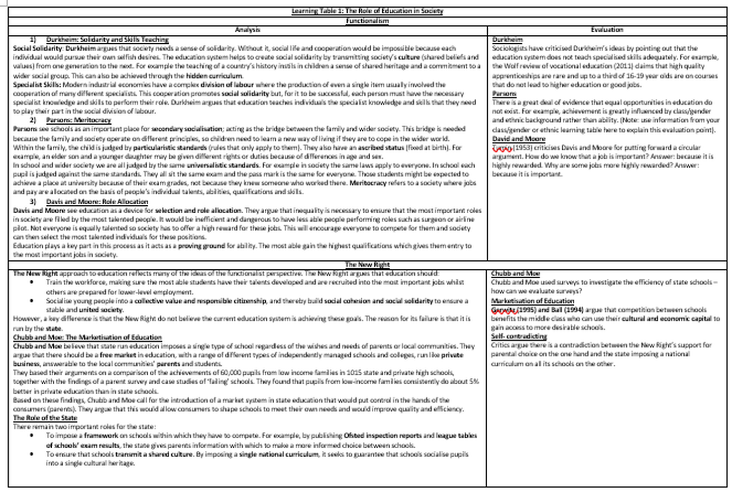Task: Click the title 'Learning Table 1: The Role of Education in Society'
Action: [x=367, y=11]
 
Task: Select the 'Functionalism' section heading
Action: [x=367, y=21]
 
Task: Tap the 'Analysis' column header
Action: [x=247, y=30]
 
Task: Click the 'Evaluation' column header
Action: [x=607, y=30]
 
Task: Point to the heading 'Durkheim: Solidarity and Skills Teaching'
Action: [x=107, y=39]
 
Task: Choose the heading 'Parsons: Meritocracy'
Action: [x=79, y=120]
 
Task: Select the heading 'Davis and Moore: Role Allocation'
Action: [x=97, y=201]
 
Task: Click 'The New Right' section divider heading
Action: [x=367, y=264]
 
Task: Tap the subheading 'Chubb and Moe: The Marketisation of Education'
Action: [x=87, y=337]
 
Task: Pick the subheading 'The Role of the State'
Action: [x=45, y=418]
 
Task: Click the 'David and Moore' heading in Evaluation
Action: [x=519, y=139]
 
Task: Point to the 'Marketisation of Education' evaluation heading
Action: [x=532, y=301]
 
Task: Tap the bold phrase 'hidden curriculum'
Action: [x=214, y=76]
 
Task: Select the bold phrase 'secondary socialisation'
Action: [x=187, y=129]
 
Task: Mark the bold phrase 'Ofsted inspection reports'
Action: [x=382, y=435]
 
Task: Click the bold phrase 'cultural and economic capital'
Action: [x=666, y=319]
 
